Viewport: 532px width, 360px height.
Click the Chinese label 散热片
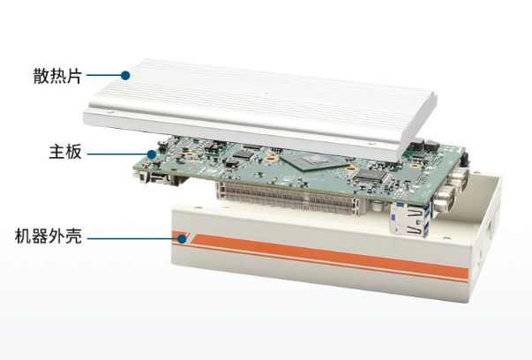[x=57, y=76]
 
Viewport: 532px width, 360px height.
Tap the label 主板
[x=65, y=152]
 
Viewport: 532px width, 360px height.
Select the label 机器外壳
[x=49, y=236]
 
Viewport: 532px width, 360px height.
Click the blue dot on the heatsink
[x=125, y=75]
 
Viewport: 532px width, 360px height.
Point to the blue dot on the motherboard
[x=152, y=154]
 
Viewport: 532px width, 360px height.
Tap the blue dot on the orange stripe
[x=183, y=239]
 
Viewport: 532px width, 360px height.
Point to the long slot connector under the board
[x=288, y=199]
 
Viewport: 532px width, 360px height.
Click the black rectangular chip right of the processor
[x=371, y=175]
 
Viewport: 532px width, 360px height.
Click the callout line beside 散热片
[x=104, y=75]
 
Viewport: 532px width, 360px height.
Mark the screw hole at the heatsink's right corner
[x=374, y=144]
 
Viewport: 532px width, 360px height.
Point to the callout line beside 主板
[x=117, y=154]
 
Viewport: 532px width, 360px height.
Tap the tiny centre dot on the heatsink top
[x=266, y=93]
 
